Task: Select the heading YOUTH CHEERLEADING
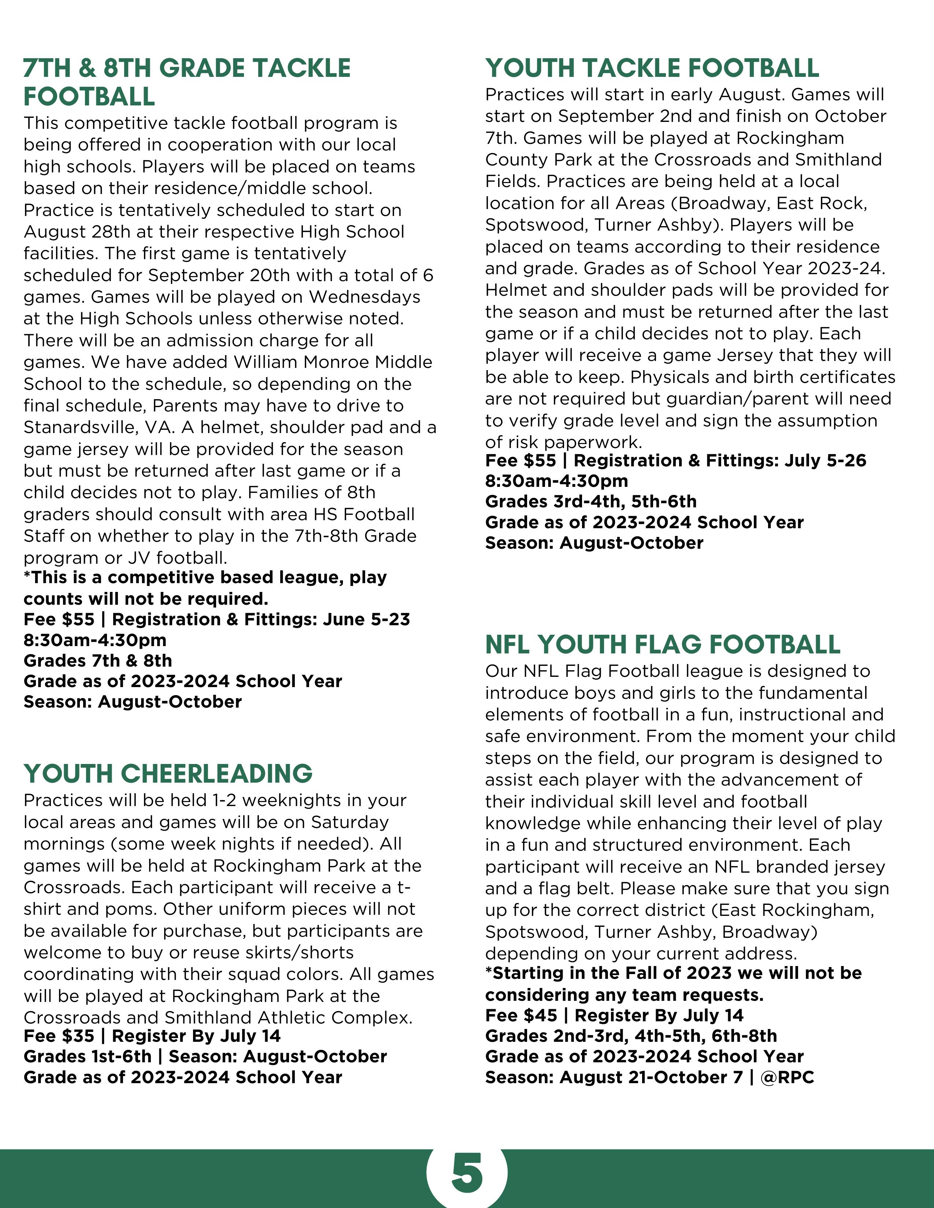168,773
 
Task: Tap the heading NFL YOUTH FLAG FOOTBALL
662,644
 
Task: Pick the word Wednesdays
365,297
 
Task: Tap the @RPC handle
787,1077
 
